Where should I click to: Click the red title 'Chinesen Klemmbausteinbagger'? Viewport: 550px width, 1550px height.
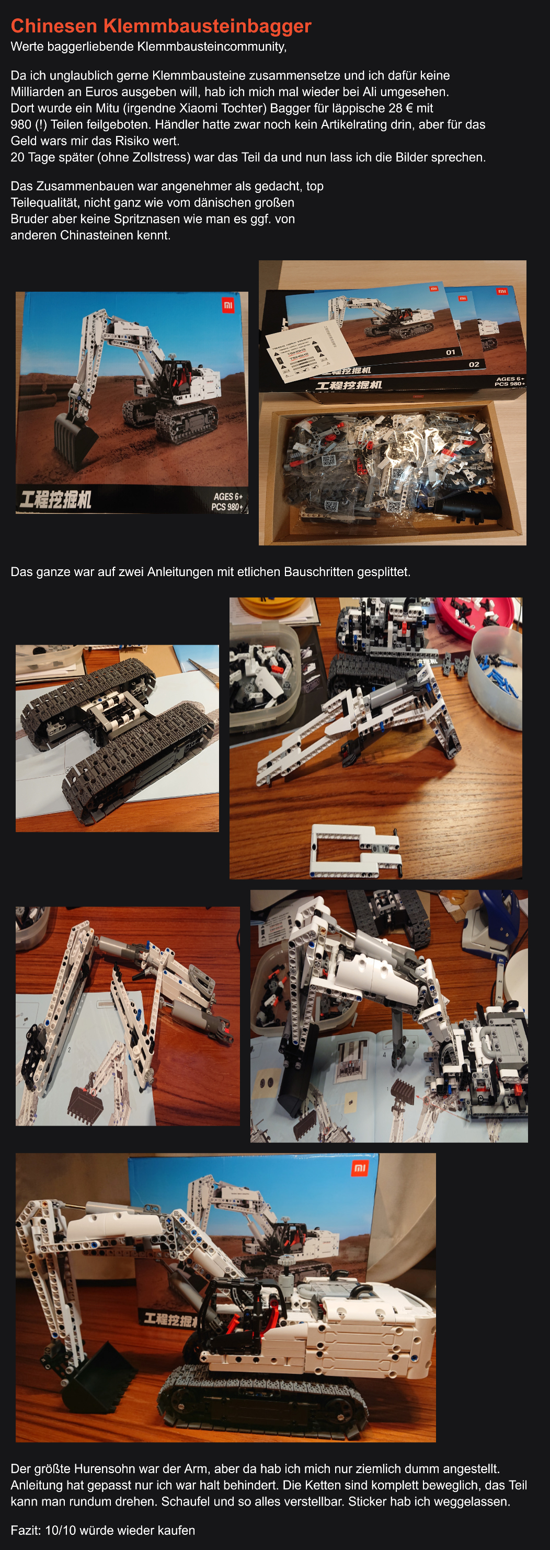161,26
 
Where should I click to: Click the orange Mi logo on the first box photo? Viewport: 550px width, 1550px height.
228,306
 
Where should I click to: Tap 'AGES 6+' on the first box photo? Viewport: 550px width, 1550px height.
228,497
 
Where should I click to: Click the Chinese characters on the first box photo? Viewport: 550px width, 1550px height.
55,499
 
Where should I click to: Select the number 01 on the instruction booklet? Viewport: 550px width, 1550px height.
451,352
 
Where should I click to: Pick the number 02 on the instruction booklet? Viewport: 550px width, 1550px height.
474,364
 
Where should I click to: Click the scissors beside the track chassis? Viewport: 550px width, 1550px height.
204,670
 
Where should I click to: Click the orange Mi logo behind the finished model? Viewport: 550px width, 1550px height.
360,1168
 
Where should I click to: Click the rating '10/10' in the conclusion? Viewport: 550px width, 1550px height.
60,1530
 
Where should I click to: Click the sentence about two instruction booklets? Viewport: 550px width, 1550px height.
211,571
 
